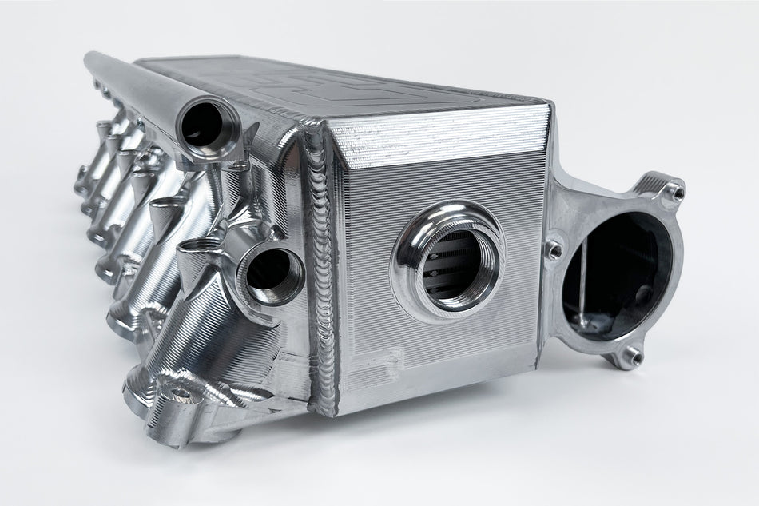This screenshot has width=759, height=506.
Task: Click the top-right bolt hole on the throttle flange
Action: coord(675,191)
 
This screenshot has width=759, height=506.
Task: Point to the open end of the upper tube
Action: coord(206,125)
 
